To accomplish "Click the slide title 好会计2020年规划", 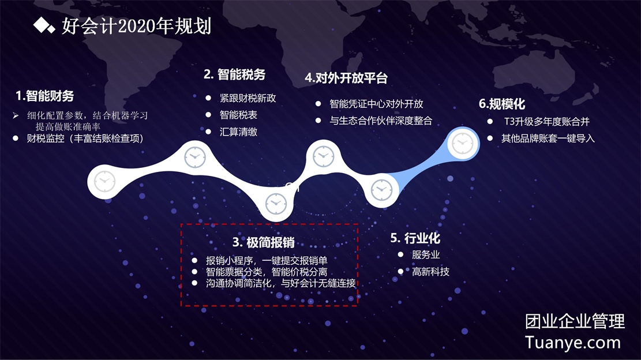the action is click(x=136, y=26).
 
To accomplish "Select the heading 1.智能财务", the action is click(x=44, y=96).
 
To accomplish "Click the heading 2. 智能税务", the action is click(x=235, y=74).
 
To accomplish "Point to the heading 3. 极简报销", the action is click(x=264, y=242).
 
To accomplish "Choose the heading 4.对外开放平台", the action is click(x=346, y=78).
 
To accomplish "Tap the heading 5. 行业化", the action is click(x=415, y=238).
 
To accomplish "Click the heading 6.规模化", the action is click(x=502, y=104).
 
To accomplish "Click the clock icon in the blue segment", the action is click(x=462, y=144).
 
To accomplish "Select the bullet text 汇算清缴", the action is click(x=238, y=132).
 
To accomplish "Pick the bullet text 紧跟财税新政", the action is click(x=248, y=98).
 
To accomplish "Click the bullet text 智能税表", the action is click(x=238, y=115).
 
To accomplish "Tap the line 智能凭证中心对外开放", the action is click(x=376, y=104).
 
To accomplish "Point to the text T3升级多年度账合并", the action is click(x=546, y=121).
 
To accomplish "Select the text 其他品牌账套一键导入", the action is click(x=548, y=138).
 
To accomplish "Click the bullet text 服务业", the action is click(x=426, y=254).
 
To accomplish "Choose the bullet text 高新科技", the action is click(x=430, y=272).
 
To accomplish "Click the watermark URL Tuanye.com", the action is click(x=573, y=343).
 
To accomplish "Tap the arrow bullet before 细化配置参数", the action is click(x=16, y=115).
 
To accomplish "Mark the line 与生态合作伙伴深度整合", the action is click(x=381, y=121).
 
